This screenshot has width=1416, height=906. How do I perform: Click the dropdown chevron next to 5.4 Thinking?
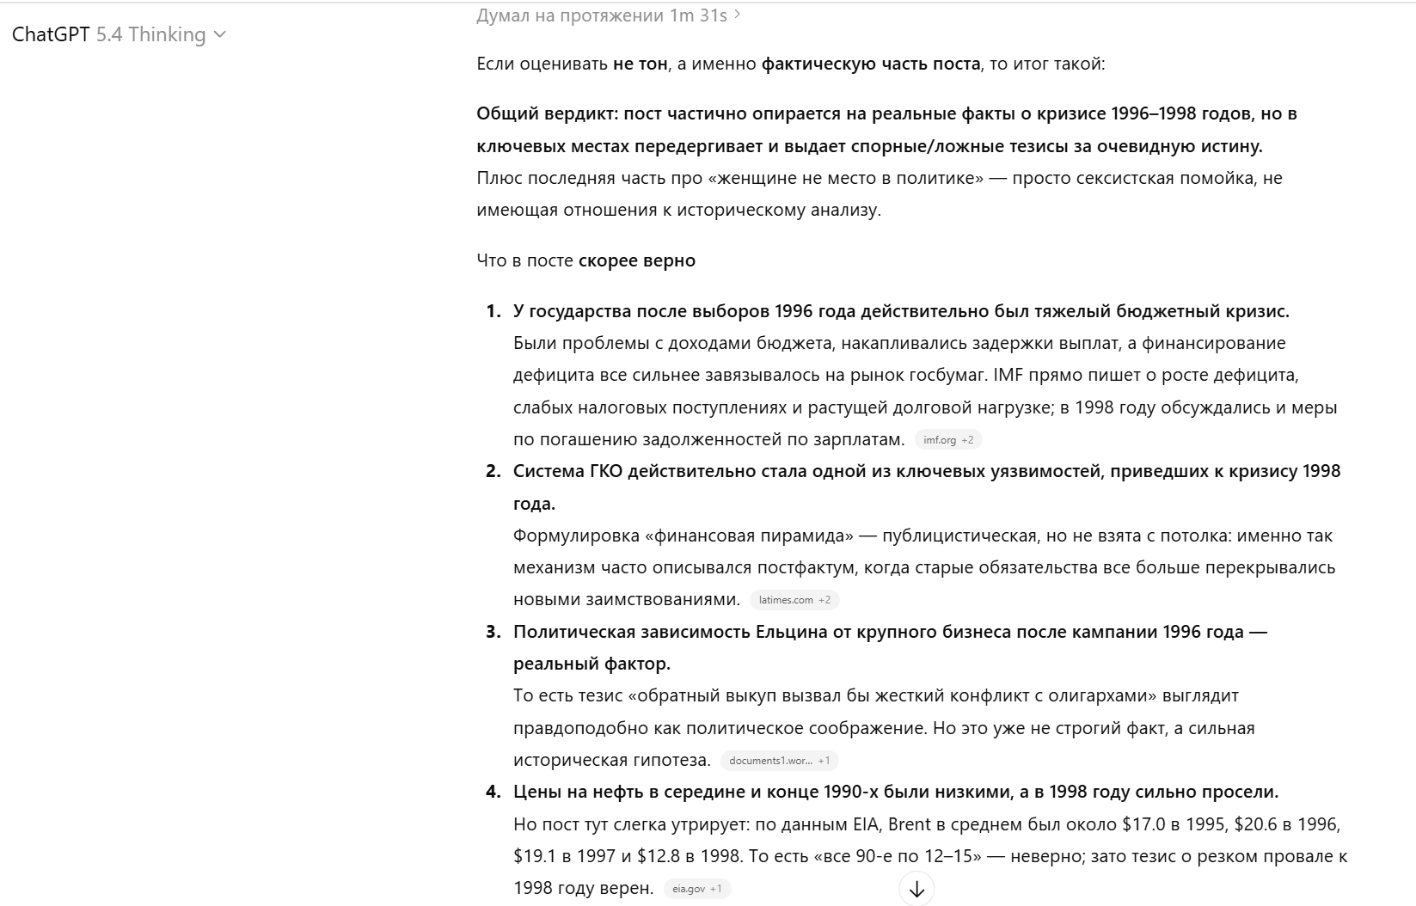(219, 34)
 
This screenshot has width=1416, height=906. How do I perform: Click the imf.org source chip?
(947, 440)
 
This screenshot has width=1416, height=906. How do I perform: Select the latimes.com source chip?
(794, 600)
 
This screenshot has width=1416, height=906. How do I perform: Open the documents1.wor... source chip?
(779, 761)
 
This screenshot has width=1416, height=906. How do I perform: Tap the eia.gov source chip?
(696, 889)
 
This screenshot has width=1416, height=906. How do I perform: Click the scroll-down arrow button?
(916, 889)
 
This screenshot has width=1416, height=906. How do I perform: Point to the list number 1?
(493, 311)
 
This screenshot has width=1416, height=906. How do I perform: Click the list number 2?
(493, 471)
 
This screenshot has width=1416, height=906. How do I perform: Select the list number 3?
(493, 632)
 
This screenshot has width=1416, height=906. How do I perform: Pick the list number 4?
(493, 792)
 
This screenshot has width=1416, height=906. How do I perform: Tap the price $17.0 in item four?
(1143, 824)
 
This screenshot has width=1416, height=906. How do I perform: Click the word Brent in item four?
(909, 824)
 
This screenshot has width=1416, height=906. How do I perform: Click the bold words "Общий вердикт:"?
(548, 113)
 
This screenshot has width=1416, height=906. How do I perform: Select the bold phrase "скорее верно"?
(636, 260)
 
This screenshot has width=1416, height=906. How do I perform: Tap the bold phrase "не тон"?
(640, 64)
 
